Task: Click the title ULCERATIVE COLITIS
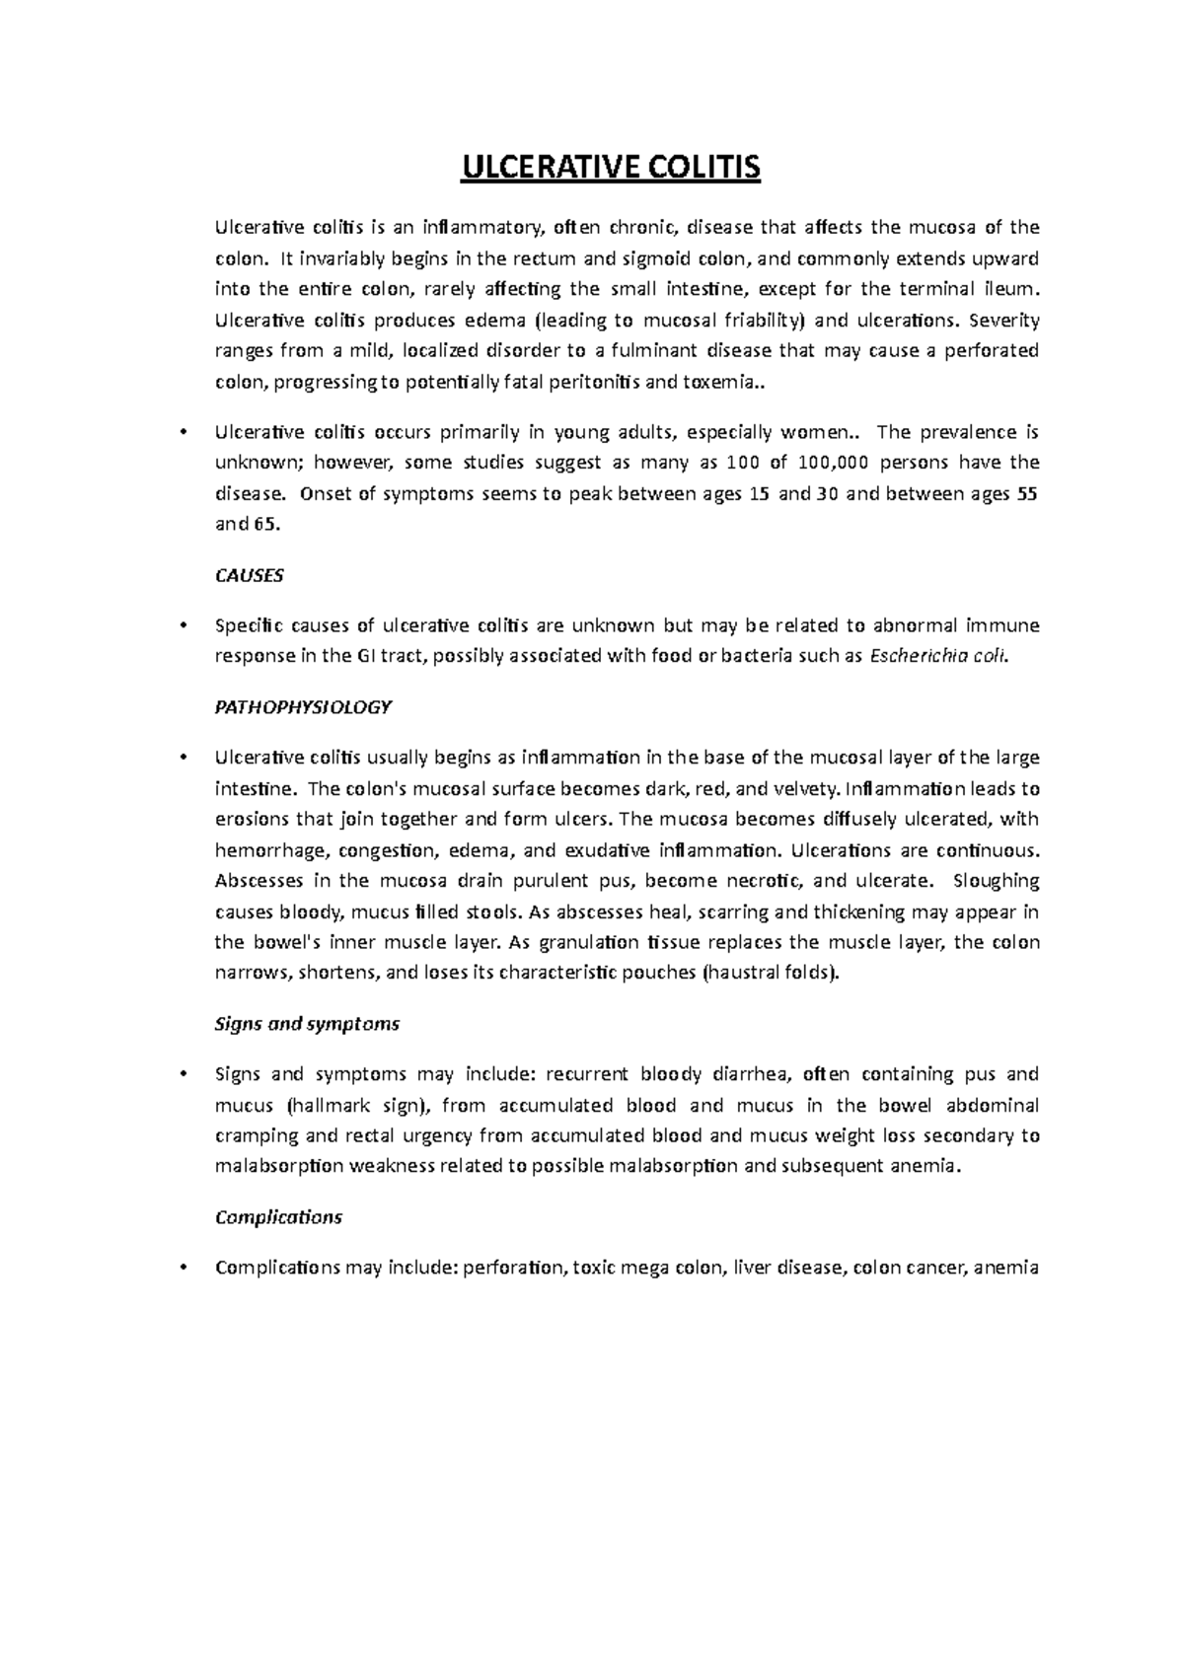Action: pos(612,169)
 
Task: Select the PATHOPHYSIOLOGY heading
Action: pos(303,706)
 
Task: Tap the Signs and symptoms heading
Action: pos(307,1023)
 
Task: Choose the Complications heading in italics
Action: pos(278,1216)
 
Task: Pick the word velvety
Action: pos(809,788)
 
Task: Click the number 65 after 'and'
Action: pos(267,524)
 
